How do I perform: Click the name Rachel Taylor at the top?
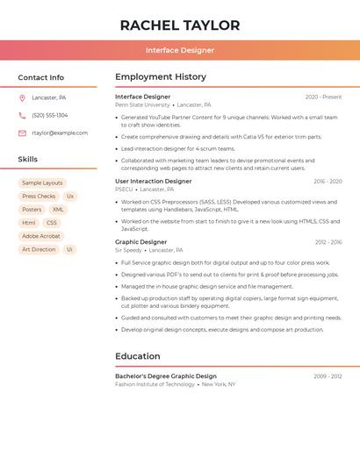[x=180, y=25]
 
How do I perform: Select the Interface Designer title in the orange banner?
[x=180, y=50]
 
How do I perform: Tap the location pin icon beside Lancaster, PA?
[x=22, y=97]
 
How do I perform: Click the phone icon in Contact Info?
[x=22, y=115]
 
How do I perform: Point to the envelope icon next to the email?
[x=22, y=132]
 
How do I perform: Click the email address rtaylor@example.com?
[x=60, y=132]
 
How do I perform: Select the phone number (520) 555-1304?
[x=49, y=115]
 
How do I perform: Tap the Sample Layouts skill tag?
[x=42, y=182]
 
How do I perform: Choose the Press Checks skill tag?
[x=39, y=197]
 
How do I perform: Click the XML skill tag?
[x=58, y=210]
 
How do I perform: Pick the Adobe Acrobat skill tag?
[x=41, y=236]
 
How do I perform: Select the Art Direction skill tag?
[x=39, y=249]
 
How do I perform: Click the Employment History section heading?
[x=161, y=77]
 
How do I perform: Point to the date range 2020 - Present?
[x=323, y=97]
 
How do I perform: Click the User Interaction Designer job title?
[x=153, y=182]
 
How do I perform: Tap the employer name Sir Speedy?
[x=128, y=250]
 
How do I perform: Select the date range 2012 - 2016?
[x=328, y=242]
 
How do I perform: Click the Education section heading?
[x=138, y=356]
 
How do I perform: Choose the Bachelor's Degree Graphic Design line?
[x=166, y=376]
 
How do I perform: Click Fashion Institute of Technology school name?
[x=155, y=384]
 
